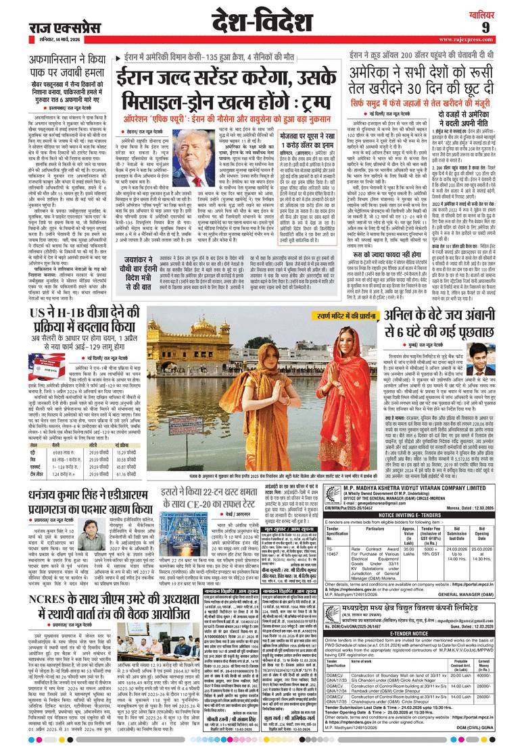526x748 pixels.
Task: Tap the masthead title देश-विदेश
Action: [260, 22]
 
